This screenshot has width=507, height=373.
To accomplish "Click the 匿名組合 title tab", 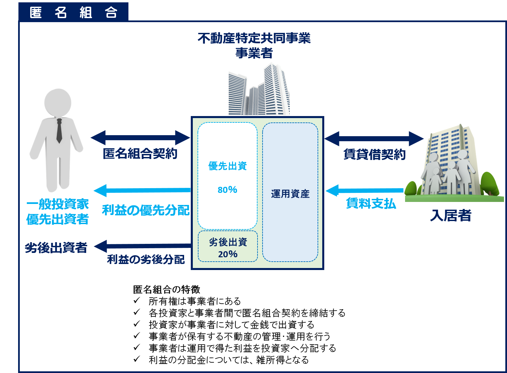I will coord(73,12).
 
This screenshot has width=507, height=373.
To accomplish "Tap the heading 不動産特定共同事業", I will coord(254,38).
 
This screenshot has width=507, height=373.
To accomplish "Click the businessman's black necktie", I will coord(59,131).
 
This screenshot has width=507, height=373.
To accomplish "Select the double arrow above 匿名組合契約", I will coord(140,138).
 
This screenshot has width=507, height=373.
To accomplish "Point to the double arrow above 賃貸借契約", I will coord(374,138).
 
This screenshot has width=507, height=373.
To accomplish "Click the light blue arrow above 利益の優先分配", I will coord(142,191).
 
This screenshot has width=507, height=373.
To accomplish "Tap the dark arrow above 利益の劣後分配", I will coord(143,246).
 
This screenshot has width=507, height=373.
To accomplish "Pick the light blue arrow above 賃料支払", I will coord(364,191).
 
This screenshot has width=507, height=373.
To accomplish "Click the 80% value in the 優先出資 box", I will coord(227,190).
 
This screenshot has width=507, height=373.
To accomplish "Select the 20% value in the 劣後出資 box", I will coord(228,254).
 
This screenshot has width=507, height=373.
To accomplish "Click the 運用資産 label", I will coord(290,194).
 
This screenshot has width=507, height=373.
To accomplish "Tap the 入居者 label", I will coord(451,216).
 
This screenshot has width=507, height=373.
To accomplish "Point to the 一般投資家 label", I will coord(57,204).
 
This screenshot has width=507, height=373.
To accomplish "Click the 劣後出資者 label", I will coord(56,248).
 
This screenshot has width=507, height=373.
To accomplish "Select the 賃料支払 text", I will coord(371,204).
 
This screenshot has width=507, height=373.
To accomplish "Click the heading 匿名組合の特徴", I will coord(166,289).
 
